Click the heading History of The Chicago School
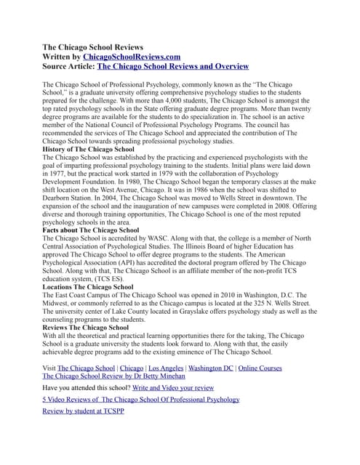(93, 148)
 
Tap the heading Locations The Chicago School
(88, 287)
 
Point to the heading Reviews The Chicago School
(86, 327)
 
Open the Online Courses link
(260, 368)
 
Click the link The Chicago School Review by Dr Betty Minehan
(113, 376)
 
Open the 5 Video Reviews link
(140, 399)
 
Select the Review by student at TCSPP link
(83, 411)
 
